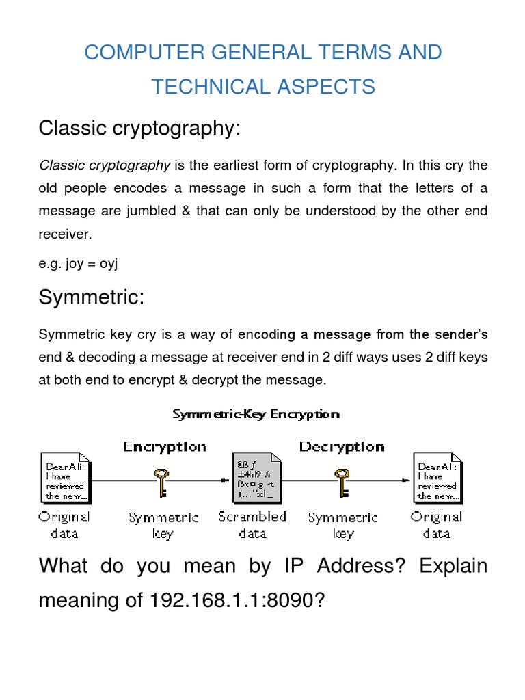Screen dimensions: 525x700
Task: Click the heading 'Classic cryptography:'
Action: [140, 128]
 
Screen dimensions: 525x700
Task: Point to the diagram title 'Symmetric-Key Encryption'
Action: [256, 414]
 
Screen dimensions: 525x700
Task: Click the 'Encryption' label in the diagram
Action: [165, 447]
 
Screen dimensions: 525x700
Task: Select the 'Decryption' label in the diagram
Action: [341, 447]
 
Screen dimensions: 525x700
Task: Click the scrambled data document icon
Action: [252, 478]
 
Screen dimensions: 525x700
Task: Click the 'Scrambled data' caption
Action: [252, 525]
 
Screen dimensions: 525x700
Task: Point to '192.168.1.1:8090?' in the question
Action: [229, 602]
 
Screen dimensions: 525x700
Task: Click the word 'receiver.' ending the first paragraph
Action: [64, 234]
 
